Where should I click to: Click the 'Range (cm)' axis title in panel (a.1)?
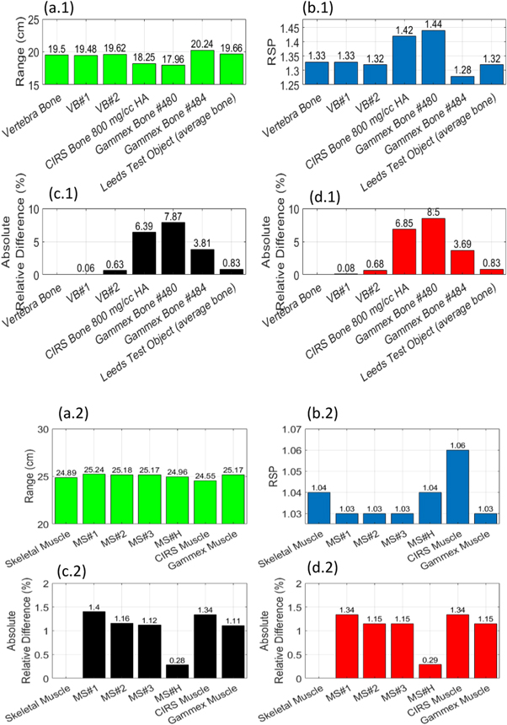(x=12, y=51)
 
